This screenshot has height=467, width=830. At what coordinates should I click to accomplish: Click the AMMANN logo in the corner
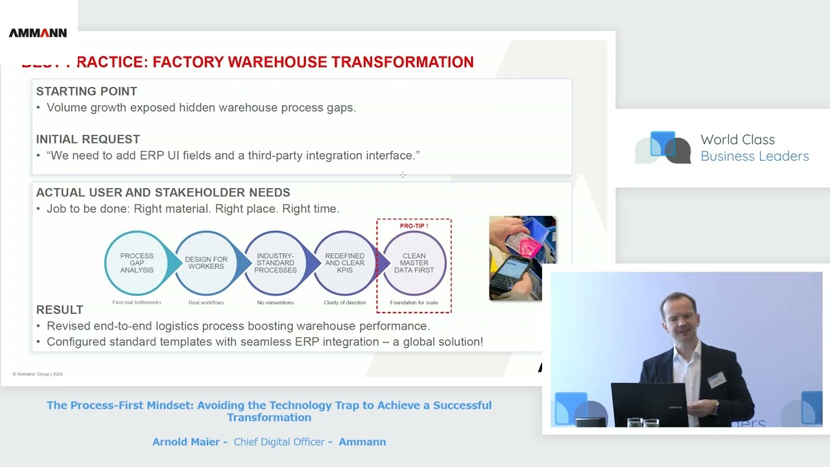coord(38,33)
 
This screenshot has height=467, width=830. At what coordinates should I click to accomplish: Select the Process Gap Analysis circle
coord(137,263)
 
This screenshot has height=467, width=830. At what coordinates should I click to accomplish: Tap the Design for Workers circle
coord(206,263)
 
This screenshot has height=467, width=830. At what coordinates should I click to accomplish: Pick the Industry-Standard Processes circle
coord(276,263)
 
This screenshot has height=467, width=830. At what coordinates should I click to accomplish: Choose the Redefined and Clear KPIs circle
coord(345,263)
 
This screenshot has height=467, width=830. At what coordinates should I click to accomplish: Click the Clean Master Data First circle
coord(414,263)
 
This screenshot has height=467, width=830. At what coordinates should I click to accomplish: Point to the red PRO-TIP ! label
coord(414,226)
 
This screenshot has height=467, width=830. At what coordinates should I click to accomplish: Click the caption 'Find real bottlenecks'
coord(137,302)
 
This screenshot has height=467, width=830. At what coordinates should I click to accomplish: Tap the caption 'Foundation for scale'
coord(414,302)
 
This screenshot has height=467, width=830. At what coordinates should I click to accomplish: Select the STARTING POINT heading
coord(86,91)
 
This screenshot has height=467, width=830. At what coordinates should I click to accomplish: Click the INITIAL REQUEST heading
coord(88,139)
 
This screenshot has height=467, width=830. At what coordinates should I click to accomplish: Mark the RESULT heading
coord(60,309)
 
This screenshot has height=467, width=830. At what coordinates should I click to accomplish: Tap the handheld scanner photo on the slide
coord(522,258)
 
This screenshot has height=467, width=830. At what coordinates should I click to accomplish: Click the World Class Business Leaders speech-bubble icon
coord(663,147)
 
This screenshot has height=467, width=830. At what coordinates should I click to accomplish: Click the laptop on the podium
coord(649,403)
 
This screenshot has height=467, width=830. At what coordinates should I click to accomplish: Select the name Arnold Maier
coord(187,442)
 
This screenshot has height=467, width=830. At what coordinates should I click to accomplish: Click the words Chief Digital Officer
coord(279,442)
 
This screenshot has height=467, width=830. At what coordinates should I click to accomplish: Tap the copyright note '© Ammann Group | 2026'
coord(38,374)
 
